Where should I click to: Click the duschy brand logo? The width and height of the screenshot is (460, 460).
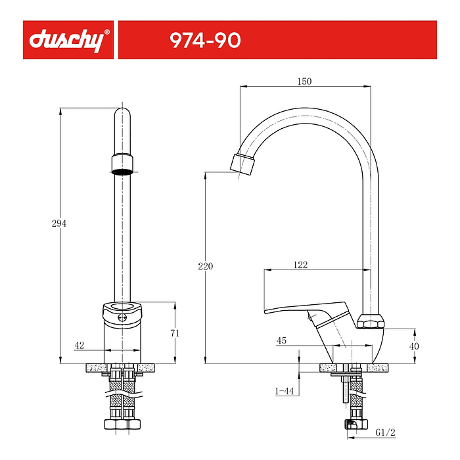pos(66,40)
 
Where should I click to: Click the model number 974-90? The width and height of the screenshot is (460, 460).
pos(205,40)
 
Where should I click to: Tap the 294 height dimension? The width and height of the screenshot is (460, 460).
pos(58,223)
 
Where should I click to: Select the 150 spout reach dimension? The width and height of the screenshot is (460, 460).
pos(304,81)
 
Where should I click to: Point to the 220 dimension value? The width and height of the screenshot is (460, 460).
pos(206,266)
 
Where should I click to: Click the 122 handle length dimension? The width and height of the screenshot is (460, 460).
pos(300,265)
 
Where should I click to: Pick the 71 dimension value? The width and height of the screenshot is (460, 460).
pos(175,333)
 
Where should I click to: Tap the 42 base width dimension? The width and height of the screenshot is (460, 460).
pos(79,345)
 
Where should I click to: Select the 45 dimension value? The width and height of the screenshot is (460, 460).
pos(281,340)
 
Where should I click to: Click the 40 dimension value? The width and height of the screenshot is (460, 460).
pos(414,346)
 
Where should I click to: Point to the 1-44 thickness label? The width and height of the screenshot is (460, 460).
pos(283,391)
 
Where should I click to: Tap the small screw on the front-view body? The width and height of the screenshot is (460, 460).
pos(122,318)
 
